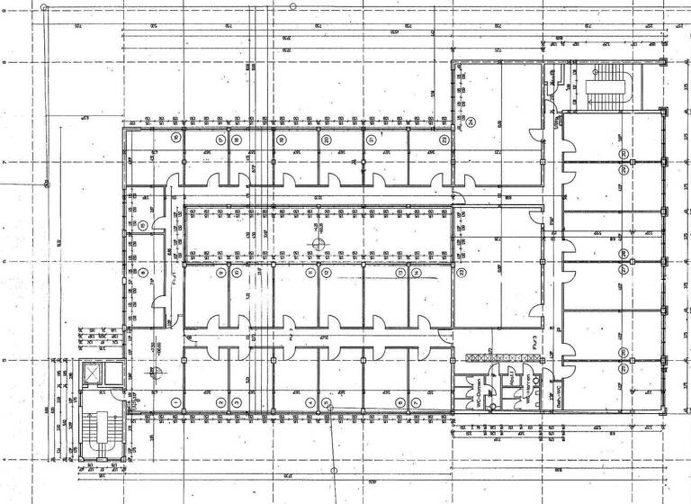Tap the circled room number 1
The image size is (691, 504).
point(175,401)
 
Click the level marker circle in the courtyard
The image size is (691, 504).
point(317,244)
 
